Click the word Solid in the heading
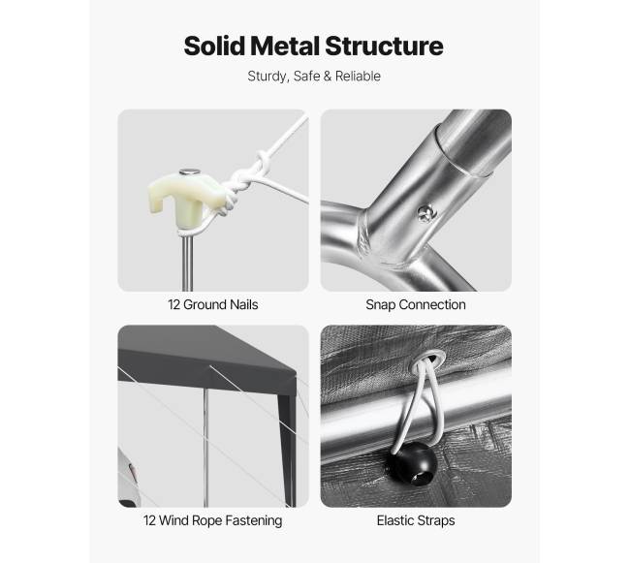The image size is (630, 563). [214, 46]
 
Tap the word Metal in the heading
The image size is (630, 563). [285, 46]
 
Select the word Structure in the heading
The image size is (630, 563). [384, 46]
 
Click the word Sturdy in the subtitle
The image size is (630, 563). [268, 77]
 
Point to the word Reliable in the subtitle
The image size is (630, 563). [358, 76]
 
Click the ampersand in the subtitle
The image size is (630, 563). [328, 76]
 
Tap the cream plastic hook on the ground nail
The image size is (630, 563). [184, 194]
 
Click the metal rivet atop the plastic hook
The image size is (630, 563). [189, 172]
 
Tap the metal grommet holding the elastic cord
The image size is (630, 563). [426, 358]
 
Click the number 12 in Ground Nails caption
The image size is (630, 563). [173, 305]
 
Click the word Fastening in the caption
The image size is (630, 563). [254, 520]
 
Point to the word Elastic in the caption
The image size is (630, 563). [394, 520]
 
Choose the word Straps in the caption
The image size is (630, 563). [436, 520]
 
